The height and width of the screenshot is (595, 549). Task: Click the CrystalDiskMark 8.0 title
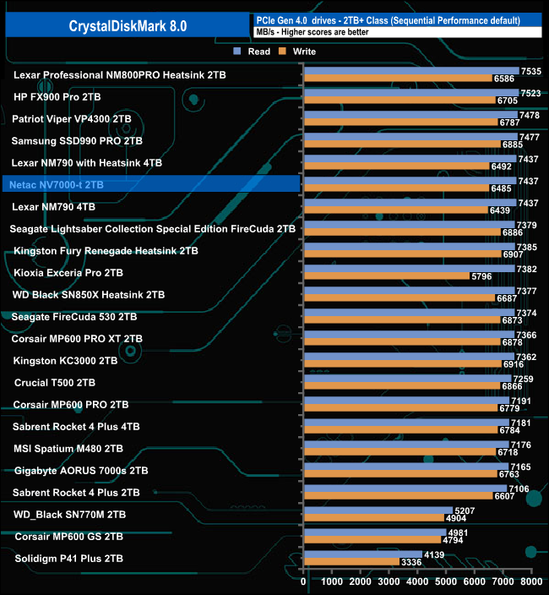tap(127, 26)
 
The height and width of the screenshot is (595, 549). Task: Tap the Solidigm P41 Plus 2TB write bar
tap(351, 561)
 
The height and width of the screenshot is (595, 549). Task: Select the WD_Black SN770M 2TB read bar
tap(377, 510)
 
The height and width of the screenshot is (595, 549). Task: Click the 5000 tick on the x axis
tap(446, 582)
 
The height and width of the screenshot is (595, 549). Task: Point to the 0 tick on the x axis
tap(303, 582)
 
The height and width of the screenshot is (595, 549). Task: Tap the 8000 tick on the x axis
tap(531, 582)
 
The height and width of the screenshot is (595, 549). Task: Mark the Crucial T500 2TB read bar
tap(406, 378)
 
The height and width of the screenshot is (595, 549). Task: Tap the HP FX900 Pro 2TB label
tap(57, 96)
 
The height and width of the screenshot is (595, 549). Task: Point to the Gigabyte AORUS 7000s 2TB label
tap(81, 470)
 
